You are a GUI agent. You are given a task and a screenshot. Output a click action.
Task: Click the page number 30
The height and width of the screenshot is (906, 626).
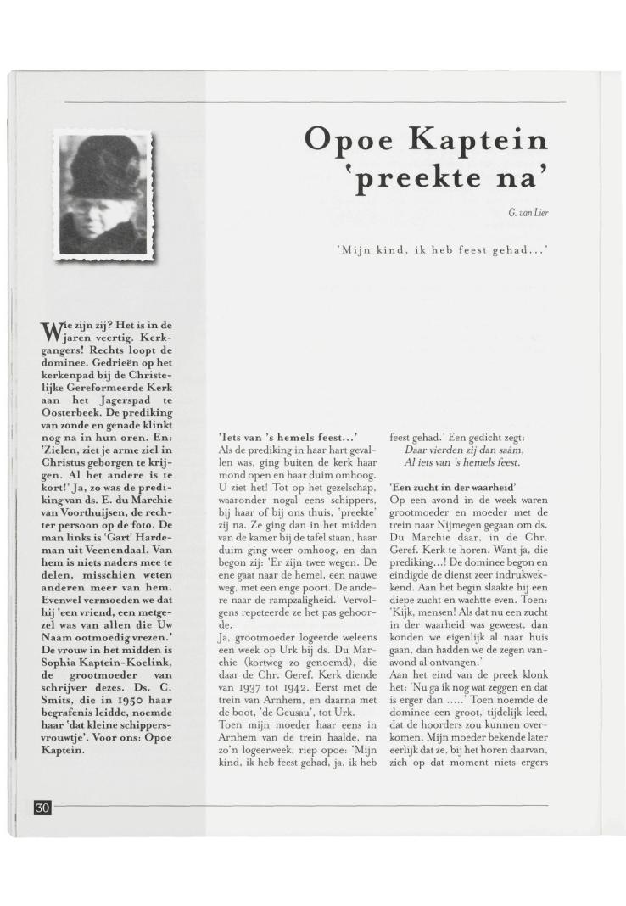[x=42, y=806]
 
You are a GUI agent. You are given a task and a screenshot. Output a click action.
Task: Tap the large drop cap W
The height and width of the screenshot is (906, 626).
[x=53, y=330]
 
